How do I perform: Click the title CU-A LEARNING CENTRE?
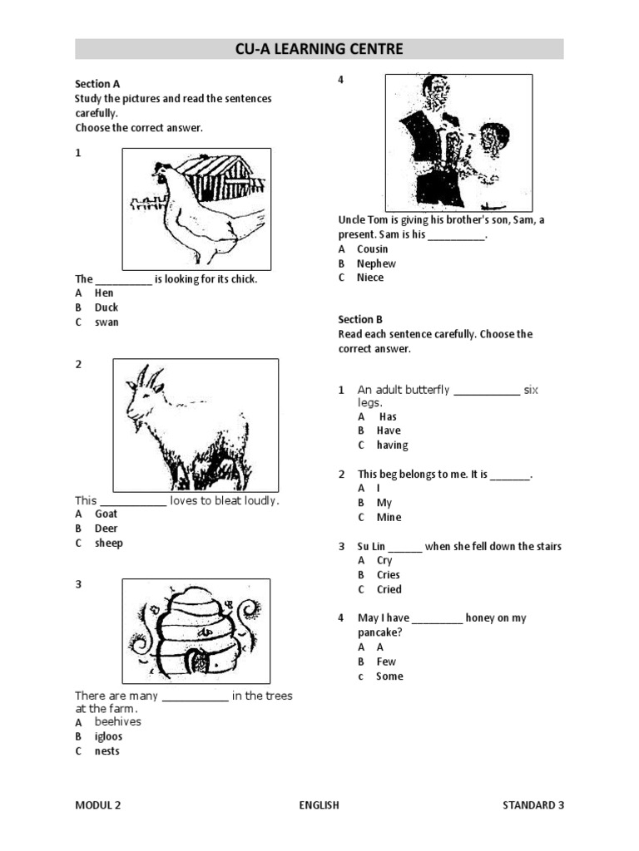(319, 49)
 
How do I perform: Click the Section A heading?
(97, 84)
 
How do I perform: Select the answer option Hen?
(104, 293)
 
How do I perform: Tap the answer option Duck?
(106, 307)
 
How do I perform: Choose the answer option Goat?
(106, 514)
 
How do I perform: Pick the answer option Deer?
(106, 529)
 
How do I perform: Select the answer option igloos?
(108, 736)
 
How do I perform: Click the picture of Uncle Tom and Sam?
(458, 141)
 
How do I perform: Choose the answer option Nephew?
(376, 263)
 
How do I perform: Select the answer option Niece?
(370, 278)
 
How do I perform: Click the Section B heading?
(360, 319)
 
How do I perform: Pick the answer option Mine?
(389, 517)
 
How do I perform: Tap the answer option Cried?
(389, 589)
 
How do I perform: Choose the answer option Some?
(389, 676)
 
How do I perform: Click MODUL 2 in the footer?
(97, 804)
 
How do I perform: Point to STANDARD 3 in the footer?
(533, 804)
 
